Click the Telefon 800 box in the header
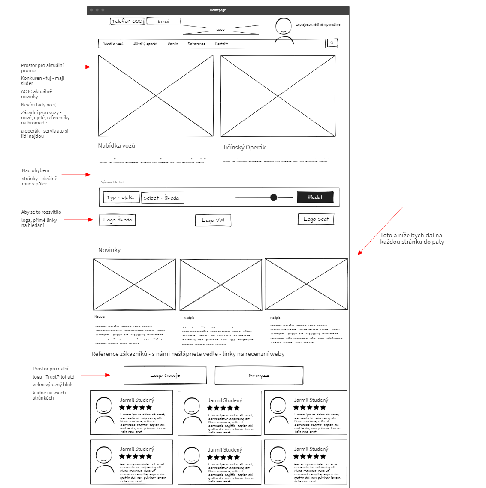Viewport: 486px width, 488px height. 127,21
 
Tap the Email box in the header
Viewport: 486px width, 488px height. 163,21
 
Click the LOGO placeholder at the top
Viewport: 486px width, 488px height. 220,30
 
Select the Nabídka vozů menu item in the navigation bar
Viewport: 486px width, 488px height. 113,43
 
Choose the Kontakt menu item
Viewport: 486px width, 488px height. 221,43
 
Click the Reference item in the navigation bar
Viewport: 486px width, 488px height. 196,43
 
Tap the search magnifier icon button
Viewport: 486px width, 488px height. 332,43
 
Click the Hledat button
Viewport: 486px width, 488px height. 315,197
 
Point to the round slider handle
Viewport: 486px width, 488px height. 274,197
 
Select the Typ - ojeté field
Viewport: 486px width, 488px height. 121,197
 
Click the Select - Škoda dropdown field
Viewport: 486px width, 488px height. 163,198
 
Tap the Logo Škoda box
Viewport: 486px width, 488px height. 118,220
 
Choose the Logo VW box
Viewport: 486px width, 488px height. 213,220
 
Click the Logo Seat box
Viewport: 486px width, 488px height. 316,219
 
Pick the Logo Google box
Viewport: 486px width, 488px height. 165,375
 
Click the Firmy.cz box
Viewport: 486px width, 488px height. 259,375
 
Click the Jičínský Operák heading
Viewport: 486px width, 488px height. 244,147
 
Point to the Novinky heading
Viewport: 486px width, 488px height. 109,250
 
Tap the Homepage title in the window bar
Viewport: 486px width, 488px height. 218,10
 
